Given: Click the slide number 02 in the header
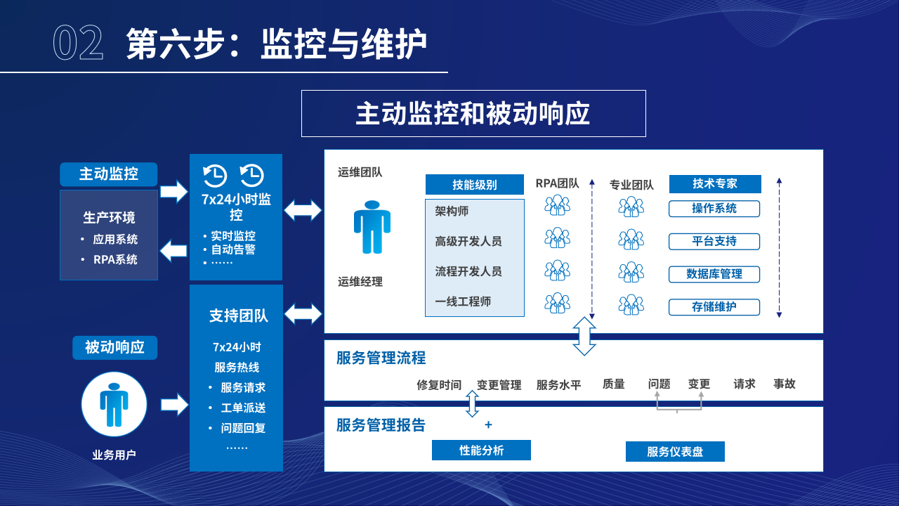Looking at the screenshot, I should (78, 44).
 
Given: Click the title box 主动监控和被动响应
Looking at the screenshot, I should (473, 114).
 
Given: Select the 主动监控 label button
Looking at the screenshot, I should (108, 174).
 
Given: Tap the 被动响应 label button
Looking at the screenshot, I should (114, 347).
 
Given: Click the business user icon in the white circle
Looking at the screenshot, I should (114, 404).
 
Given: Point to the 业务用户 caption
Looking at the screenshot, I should (114, 455).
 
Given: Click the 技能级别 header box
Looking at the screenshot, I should (475, 185).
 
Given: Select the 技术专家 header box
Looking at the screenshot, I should (715, 184).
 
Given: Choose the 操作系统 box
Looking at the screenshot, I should (714, 209).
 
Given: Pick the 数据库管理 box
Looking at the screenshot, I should (714, 274).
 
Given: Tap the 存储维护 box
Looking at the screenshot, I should (714, 307).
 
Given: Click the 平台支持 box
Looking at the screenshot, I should (714, 242).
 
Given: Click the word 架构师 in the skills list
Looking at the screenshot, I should (452, 212).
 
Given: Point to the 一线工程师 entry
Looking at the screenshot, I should (463, 301).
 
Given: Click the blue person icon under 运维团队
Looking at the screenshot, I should (372, 227).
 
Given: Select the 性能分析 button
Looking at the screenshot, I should (481, 450).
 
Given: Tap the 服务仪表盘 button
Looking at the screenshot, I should (675, 452).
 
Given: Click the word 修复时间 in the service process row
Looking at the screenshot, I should (439, 385).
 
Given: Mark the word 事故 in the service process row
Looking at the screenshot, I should (785, 384).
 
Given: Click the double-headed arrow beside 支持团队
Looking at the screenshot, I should (303, 313).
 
